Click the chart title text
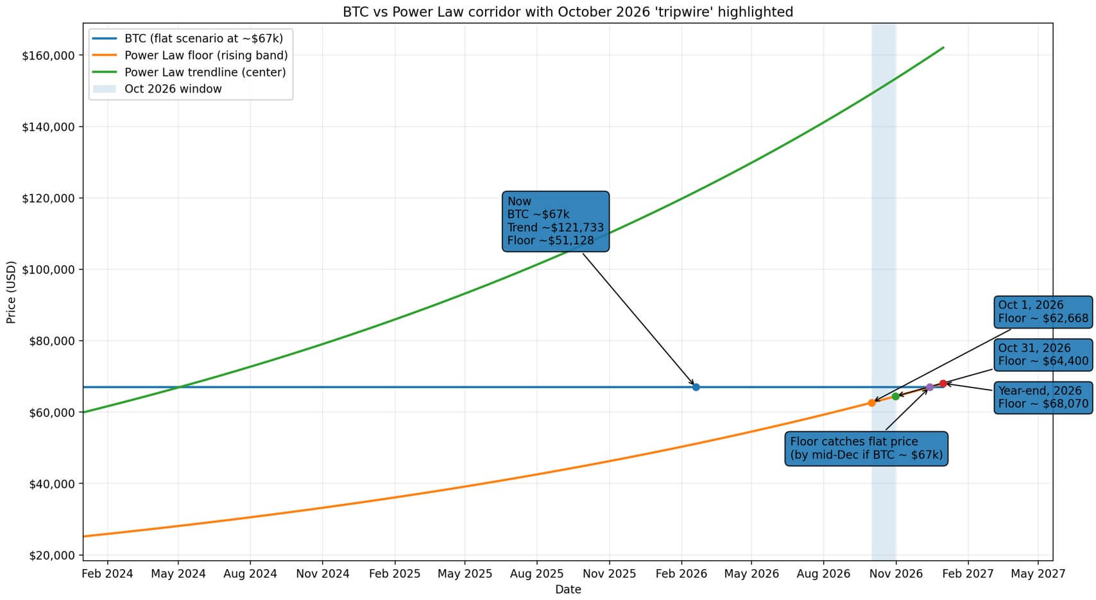[568, 12]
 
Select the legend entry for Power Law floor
[205, 55]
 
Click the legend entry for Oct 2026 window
[173, 89]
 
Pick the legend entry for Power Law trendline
[205, 72]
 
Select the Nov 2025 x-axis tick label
[610, 574]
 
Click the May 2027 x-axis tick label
[1038, 574]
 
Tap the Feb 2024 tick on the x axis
[107, 574]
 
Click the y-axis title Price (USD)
[12, 292]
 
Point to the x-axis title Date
[568, 589]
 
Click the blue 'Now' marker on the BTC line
[696, 387]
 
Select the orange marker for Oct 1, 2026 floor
[871, 403]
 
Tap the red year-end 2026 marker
[943, 384]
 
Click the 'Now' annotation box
[555, 221]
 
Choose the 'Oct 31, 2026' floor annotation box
[1043, 355]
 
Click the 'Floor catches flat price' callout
[866, 449]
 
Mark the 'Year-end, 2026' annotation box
[1043, 397]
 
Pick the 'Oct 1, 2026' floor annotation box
[1043, 312]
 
